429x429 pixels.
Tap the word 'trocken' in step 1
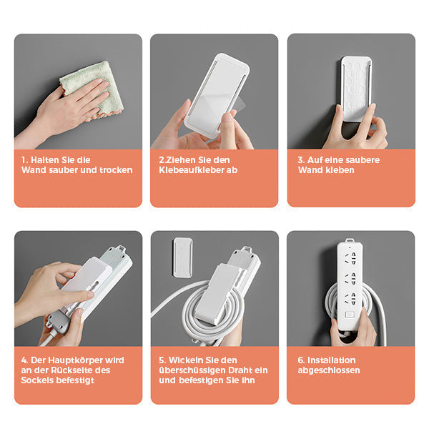click(115, 170)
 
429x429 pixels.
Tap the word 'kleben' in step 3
click(340, 171)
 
